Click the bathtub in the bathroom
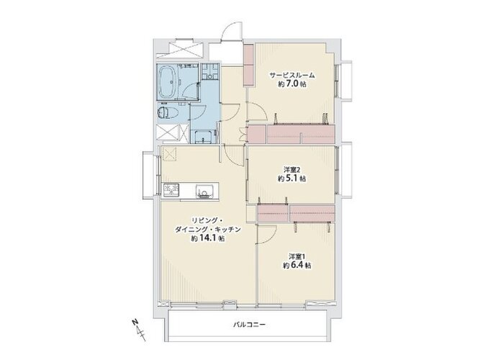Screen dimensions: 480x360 point(168,81)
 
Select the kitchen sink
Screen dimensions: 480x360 point(204,192)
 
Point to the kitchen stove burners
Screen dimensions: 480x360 point(171,189)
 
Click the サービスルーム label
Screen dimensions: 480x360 point(292,75)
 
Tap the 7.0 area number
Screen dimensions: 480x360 point(292,84)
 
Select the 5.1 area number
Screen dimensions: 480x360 point(292,179)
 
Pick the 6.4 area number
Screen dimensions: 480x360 point(297,266)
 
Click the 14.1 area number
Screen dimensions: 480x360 point(208,238)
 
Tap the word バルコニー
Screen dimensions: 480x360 point(249,325)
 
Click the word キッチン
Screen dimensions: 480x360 point(228,230)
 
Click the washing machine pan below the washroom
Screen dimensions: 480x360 point(203,136)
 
